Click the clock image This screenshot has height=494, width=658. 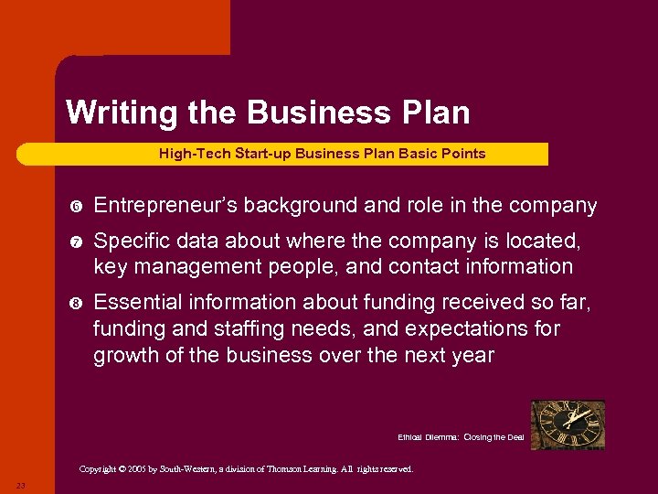pos(568,424)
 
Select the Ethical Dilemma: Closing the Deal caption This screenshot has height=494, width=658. pos(461,437)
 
